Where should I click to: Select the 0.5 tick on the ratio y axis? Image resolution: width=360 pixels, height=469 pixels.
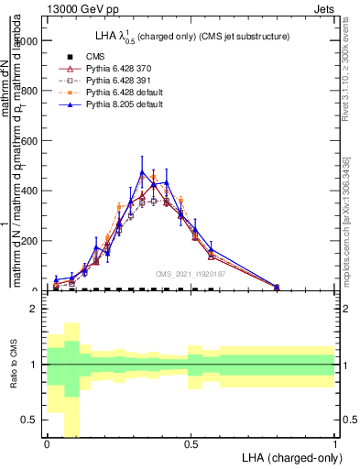(x=31, y=420)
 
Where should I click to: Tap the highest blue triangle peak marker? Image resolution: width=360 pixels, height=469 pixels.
(x=142, y=172)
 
